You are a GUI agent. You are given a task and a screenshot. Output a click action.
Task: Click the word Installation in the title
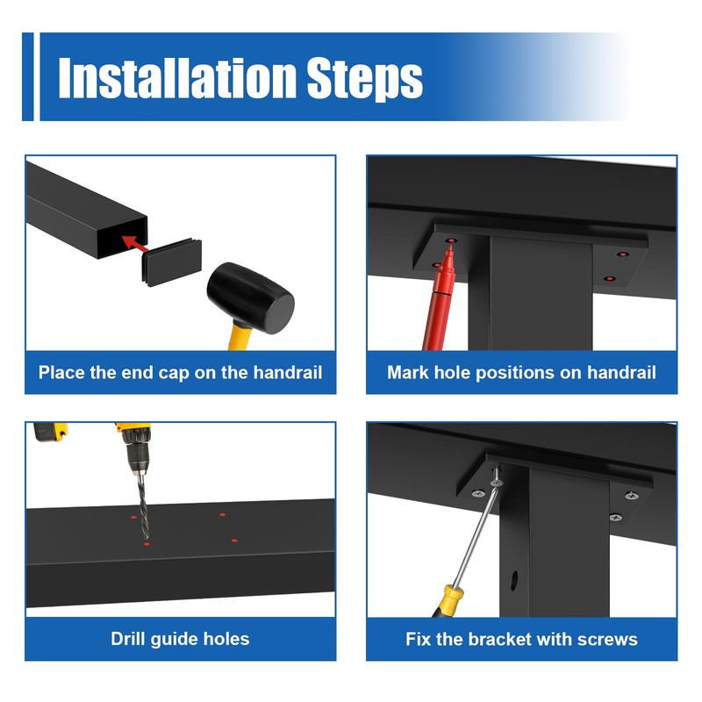pos(177,77)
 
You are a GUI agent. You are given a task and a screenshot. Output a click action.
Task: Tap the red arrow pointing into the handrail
pos(135,243)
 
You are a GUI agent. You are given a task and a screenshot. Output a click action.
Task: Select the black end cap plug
pos(172,261)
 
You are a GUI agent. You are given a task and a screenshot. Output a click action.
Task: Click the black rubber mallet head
pos(250,297)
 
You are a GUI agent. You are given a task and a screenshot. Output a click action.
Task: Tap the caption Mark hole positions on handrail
pos(521,372)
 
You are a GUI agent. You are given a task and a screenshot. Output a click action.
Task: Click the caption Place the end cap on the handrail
pos(180,372)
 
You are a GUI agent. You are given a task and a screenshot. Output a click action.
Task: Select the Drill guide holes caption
pos(180,639)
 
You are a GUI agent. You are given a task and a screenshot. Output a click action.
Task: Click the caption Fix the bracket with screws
pos(521,639)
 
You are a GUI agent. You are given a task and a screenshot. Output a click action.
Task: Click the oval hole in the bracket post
pos(514,580)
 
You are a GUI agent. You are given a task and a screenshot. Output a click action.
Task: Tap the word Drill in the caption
pos(128,639)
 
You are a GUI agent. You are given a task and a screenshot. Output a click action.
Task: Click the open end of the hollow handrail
pos(123,238)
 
